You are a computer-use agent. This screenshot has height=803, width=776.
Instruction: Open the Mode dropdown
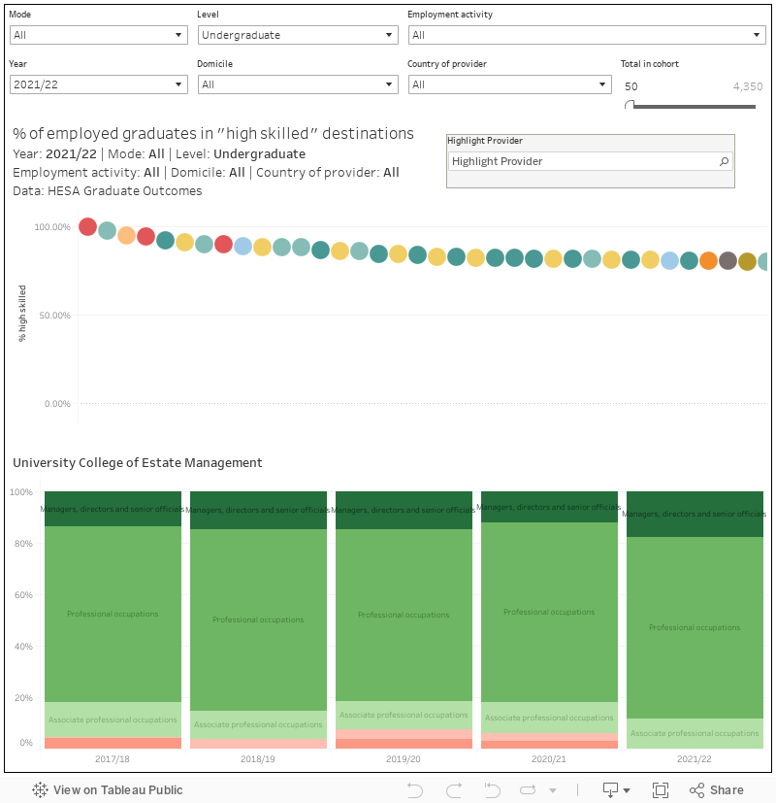coord(98,35)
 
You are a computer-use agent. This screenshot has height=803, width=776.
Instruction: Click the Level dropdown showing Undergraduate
coord(297,35)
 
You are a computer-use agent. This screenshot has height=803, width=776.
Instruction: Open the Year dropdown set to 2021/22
coord(98,84)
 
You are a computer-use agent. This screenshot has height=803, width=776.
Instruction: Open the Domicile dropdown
coord(297,84)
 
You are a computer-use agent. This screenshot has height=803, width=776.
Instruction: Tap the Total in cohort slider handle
coord(630,105)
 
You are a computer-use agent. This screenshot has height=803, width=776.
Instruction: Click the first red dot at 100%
coord(87,227)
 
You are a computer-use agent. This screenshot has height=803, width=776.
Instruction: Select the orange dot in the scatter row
coord(708,260)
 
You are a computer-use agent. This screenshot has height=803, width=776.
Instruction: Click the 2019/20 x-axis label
coord(404,758)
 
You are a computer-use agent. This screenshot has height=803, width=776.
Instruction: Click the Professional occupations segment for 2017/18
coord(113,614)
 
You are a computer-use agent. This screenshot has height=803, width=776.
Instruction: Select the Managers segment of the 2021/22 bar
coord(695,514)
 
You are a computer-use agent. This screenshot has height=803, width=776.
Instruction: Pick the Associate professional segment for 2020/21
coord(549,718)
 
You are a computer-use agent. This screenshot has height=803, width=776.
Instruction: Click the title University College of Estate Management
coord(138,463)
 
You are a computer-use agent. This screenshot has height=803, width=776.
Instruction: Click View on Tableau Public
coord(108,789)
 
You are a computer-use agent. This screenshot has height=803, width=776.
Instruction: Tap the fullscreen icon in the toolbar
coord(661,789)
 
